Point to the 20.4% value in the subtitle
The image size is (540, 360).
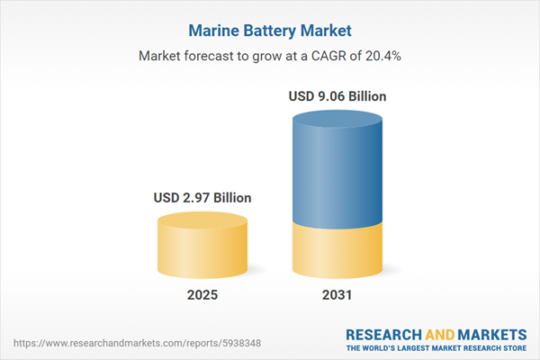pos(383,56)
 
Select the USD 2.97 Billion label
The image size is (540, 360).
pos(202,197)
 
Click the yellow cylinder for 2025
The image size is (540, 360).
pos(202,252)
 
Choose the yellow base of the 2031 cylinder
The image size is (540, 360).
pos(337,252)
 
